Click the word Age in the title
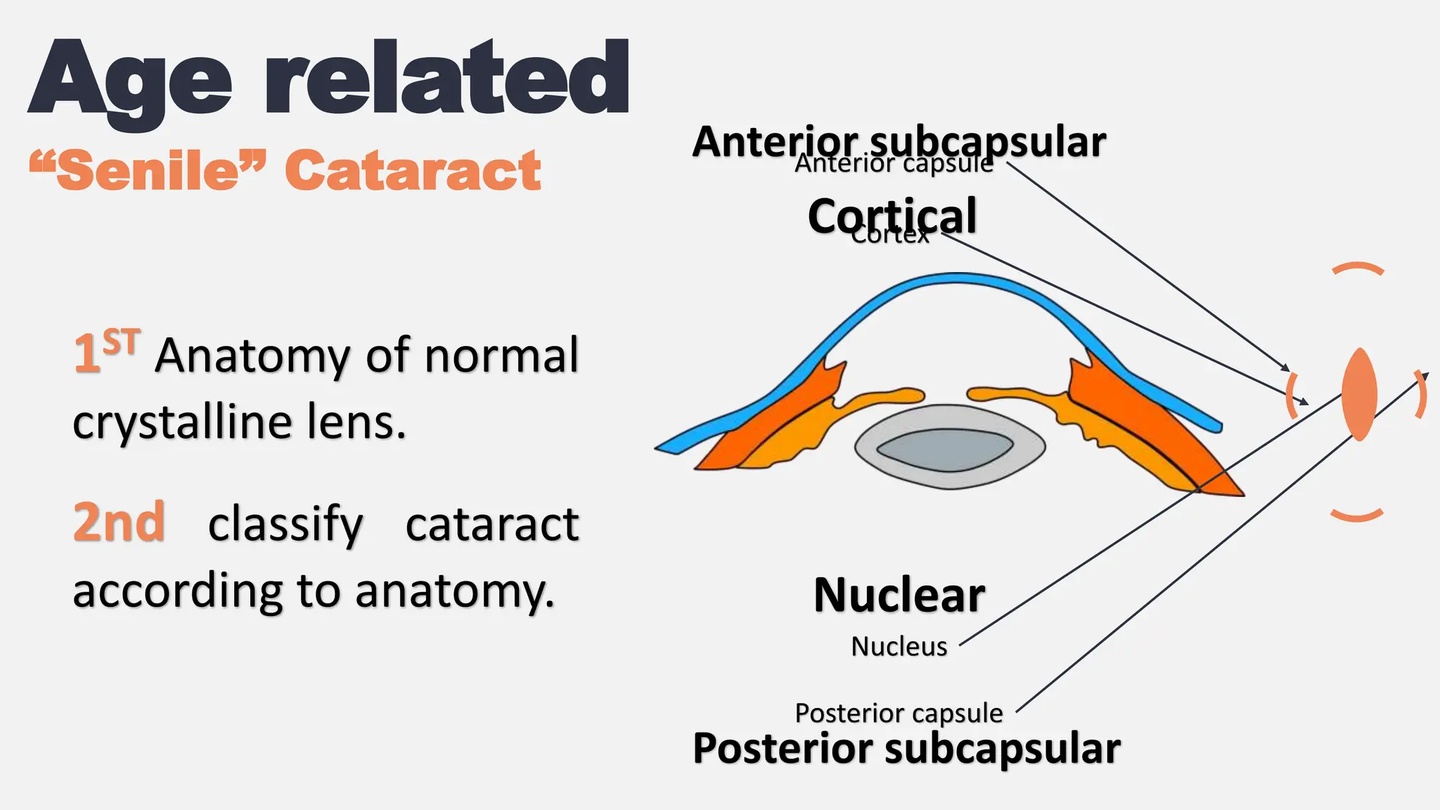130,81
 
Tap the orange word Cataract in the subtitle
413,171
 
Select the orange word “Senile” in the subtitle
148,171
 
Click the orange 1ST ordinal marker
107,351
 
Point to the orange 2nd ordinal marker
119,522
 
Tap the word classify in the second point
285,524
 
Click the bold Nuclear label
899,596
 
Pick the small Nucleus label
899,646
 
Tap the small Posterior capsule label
899,713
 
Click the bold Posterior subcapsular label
906,748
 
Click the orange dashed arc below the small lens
1357,516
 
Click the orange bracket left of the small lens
1291,395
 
